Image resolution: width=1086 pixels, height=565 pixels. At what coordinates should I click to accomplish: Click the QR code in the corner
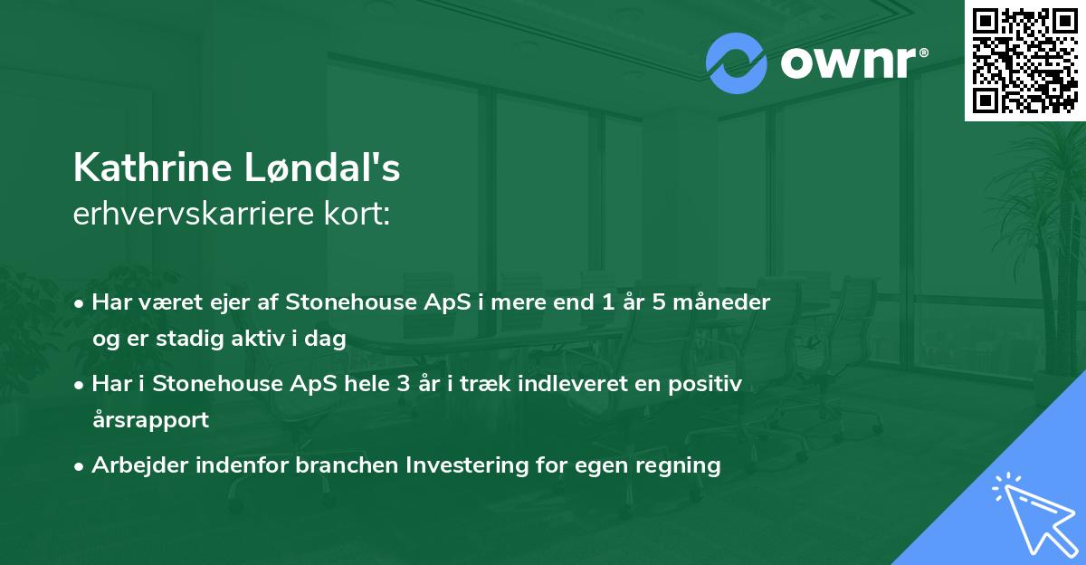pyautogui.click(x=1024, y=61)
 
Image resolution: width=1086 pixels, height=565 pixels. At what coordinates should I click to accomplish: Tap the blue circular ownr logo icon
pyautogui.click(x=736, y=63)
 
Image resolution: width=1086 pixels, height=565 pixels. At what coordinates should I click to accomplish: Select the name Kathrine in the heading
pyautogui.click(x=153, y=168)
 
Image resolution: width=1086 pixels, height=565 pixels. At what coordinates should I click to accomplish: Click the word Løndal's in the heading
pyautogui.click(x=322, y=168)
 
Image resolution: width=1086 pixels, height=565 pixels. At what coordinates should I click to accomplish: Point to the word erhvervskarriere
pyautogui.click(x=194, y=213)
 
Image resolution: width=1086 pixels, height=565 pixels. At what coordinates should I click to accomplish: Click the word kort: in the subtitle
pyautogui.click(x=357, y=213)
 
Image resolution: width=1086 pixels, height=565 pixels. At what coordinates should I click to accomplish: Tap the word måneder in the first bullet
pyautogui.click(x=721, y=302)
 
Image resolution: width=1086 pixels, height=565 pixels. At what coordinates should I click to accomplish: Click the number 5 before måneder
pyautogui.click(x=659, y=302)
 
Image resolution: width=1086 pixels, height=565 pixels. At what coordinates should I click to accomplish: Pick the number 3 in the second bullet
pyautogui.click(x=404, y=384)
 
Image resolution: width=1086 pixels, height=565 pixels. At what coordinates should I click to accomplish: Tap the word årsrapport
pyautogui.click(x=150, y=420)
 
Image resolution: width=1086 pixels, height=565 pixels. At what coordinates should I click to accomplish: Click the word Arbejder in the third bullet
pyautogui.click(x=139, y=465)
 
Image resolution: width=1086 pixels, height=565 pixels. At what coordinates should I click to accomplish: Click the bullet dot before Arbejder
pyautogui.click(x=79, y=467)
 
